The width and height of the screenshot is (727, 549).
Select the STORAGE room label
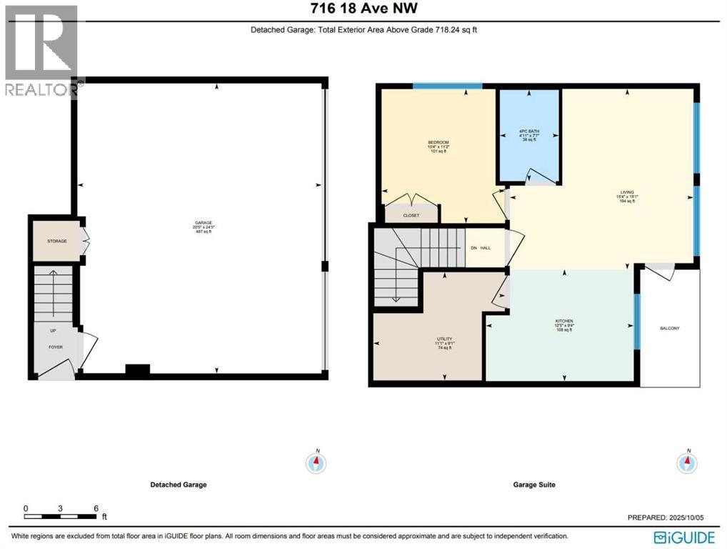point(57,241)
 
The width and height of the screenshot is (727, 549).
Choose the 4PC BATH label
point(528,132)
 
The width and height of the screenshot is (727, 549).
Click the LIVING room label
point(627,192)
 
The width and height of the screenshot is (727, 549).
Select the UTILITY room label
point(445,339)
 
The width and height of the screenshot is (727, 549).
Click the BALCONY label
point(669,328)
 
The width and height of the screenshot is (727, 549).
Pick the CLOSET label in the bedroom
point(411,215)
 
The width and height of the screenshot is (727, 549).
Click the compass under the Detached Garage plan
point(316,463)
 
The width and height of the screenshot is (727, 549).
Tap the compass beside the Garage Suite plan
point(688,463)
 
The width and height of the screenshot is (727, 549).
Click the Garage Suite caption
point(534,485)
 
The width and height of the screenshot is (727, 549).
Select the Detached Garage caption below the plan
point(179,485)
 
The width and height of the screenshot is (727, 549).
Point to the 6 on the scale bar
point(96,508)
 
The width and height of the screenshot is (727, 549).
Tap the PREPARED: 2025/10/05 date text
point(672,518)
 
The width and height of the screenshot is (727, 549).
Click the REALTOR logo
point(41,50)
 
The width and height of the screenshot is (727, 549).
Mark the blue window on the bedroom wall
point(447,86)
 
